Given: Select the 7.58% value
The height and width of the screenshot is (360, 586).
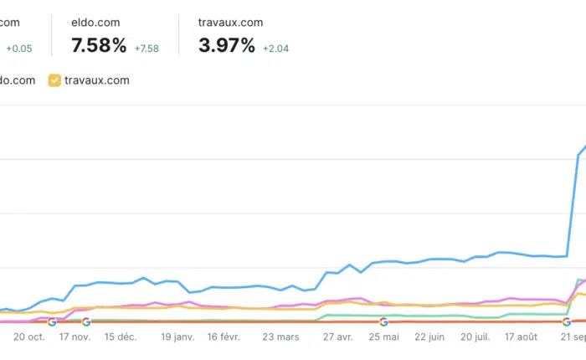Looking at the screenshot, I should pyautogui.click(x=100, y=46).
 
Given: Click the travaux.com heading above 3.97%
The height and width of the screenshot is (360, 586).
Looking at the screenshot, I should pyautogui.click(x=230, y=23).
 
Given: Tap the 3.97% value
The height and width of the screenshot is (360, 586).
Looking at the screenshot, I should pyautogui.click(x=226, y=46).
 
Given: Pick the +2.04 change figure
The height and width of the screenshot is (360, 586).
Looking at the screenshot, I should pyautogui.click(x=276, y=49).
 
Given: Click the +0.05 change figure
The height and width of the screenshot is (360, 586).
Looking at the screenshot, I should pyautogui.click(x=18, y=49).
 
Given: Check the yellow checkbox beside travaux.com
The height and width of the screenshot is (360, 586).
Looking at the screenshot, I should pyautogui.click(x=54, y=80).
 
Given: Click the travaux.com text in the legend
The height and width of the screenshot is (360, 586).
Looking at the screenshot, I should pyautogui.click(x=98, y=80).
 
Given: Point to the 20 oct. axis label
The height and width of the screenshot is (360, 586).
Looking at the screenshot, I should pyautogui.click(x=29, y=337).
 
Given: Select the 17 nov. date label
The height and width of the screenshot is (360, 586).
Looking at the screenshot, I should pyautogui.click(x=75, y=337).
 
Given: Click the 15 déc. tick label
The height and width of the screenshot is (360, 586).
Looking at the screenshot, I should pyautogui.click(x=121, y=337).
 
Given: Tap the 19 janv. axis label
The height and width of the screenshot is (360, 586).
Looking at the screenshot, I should pyautogui.click(x=177, y=337).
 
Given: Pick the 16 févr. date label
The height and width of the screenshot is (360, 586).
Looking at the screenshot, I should pyautogui.click(x=224, y=337).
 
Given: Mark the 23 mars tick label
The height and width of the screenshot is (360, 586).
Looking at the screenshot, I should pyautogui.click(x=280, y=337).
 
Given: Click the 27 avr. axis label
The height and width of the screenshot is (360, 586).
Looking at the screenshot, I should pyautogui.click(x=338, y=337).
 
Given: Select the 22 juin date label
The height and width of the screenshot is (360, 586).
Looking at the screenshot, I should pyautogui.click(x=429, y=337).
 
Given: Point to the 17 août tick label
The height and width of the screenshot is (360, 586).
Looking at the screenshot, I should pyautogui.click(x=522, y=337).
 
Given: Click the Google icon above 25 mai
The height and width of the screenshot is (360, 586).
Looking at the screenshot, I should pyautogui.click(x=383, y=321).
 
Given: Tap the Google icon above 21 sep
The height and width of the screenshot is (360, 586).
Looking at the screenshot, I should pyautogui.click(x=567, y=321).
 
